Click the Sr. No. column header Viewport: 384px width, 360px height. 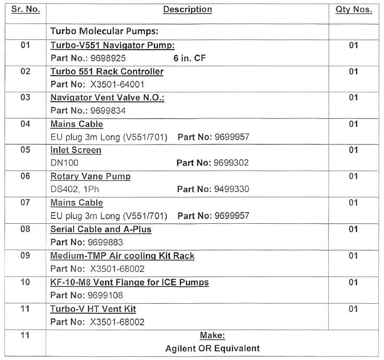coord(25,9)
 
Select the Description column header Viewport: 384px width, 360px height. coord(187,9)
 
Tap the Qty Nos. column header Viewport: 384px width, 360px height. coord(353,9)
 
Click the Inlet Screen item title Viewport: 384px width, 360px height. coord(76,150)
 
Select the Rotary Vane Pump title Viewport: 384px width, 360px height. coord(90,176)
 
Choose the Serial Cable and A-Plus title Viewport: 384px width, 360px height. coord(101,229)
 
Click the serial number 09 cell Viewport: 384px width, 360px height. coord(26,256)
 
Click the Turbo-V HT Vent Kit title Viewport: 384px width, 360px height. coord(93,309)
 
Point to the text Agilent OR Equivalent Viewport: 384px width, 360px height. coord(212,348)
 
